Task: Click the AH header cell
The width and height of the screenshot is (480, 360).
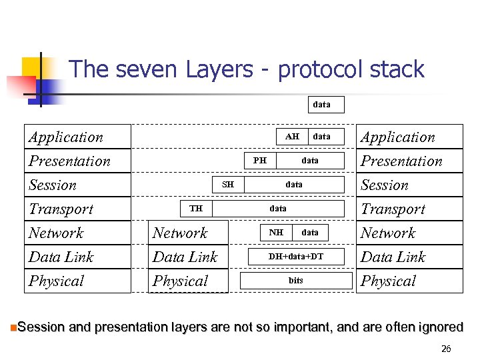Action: click(x=292, y=137)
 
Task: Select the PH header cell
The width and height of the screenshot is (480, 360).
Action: click(x=260, y=161)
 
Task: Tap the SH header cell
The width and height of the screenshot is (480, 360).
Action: click(x=228, y=185)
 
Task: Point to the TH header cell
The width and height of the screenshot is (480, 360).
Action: click(x=196, y=209)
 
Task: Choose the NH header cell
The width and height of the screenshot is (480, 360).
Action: click(x=276, y=233)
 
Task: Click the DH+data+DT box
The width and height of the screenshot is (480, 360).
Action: click(x=296, y=257)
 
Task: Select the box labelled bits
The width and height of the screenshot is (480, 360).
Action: click(x=296, y=281)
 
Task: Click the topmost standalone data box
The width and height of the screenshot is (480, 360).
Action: click(x=321, y=105)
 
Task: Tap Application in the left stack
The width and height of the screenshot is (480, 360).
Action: click(x=66, y=137)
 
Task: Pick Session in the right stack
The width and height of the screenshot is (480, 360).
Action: click(x=385, y=185)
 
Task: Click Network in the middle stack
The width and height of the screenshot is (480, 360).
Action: click(x=180, y=233)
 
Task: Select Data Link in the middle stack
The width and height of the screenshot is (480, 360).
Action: click(x=185, y=257)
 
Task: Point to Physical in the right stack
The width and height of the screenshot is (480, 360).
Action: click(x=388, y=281)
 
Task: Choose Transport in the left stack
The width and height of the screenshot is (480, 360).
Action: click(x=61, y=209)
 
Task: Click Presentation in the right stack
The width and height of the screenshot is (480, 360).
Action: click(x=401, y=161)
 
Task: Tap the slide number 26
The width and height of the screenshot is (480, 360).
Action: click(x=446, y=349)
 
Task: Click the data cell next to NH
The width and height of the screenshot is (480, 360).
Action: click(x=310, y=233)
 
